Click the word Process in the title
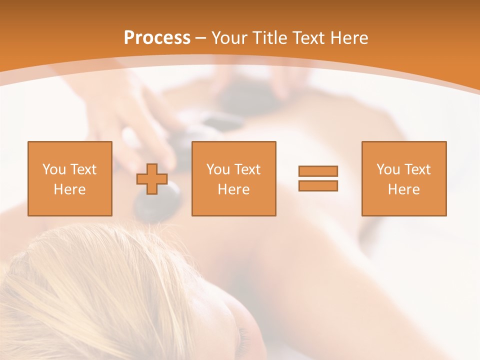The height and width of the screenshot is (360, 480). pos(157,38)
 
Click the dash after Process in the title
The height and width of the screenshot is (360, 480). pos(201,38)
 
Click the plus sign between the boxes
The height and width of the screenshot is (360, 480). pos(152,179)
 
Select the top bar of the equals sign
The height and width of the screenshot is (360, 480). pos(318,171)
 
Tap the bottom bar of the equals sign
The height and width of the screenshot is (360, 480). pos(318,186)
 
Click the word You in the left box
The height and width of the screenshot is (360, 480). pos(54,169)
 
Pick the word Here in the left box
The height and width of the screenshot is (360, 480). pos(69,189)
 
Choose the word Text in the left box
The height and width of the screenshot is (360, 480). pos(83,169)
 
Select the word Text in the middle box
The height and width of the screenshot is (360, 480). pos(247,169)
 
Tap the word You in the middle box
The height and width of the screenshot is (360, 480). pos(218,169)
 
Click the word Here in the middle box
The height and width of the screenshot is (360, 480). pos(233,189)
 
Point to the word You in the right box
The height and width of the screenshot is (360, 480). pos(388,169)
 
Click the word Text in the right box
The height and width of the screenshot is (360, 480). pos(417,169)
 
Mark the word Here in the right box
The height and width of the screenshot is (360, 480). pos(403,189)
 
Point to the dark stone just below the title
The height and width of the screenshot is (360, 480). pos(245,97)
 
